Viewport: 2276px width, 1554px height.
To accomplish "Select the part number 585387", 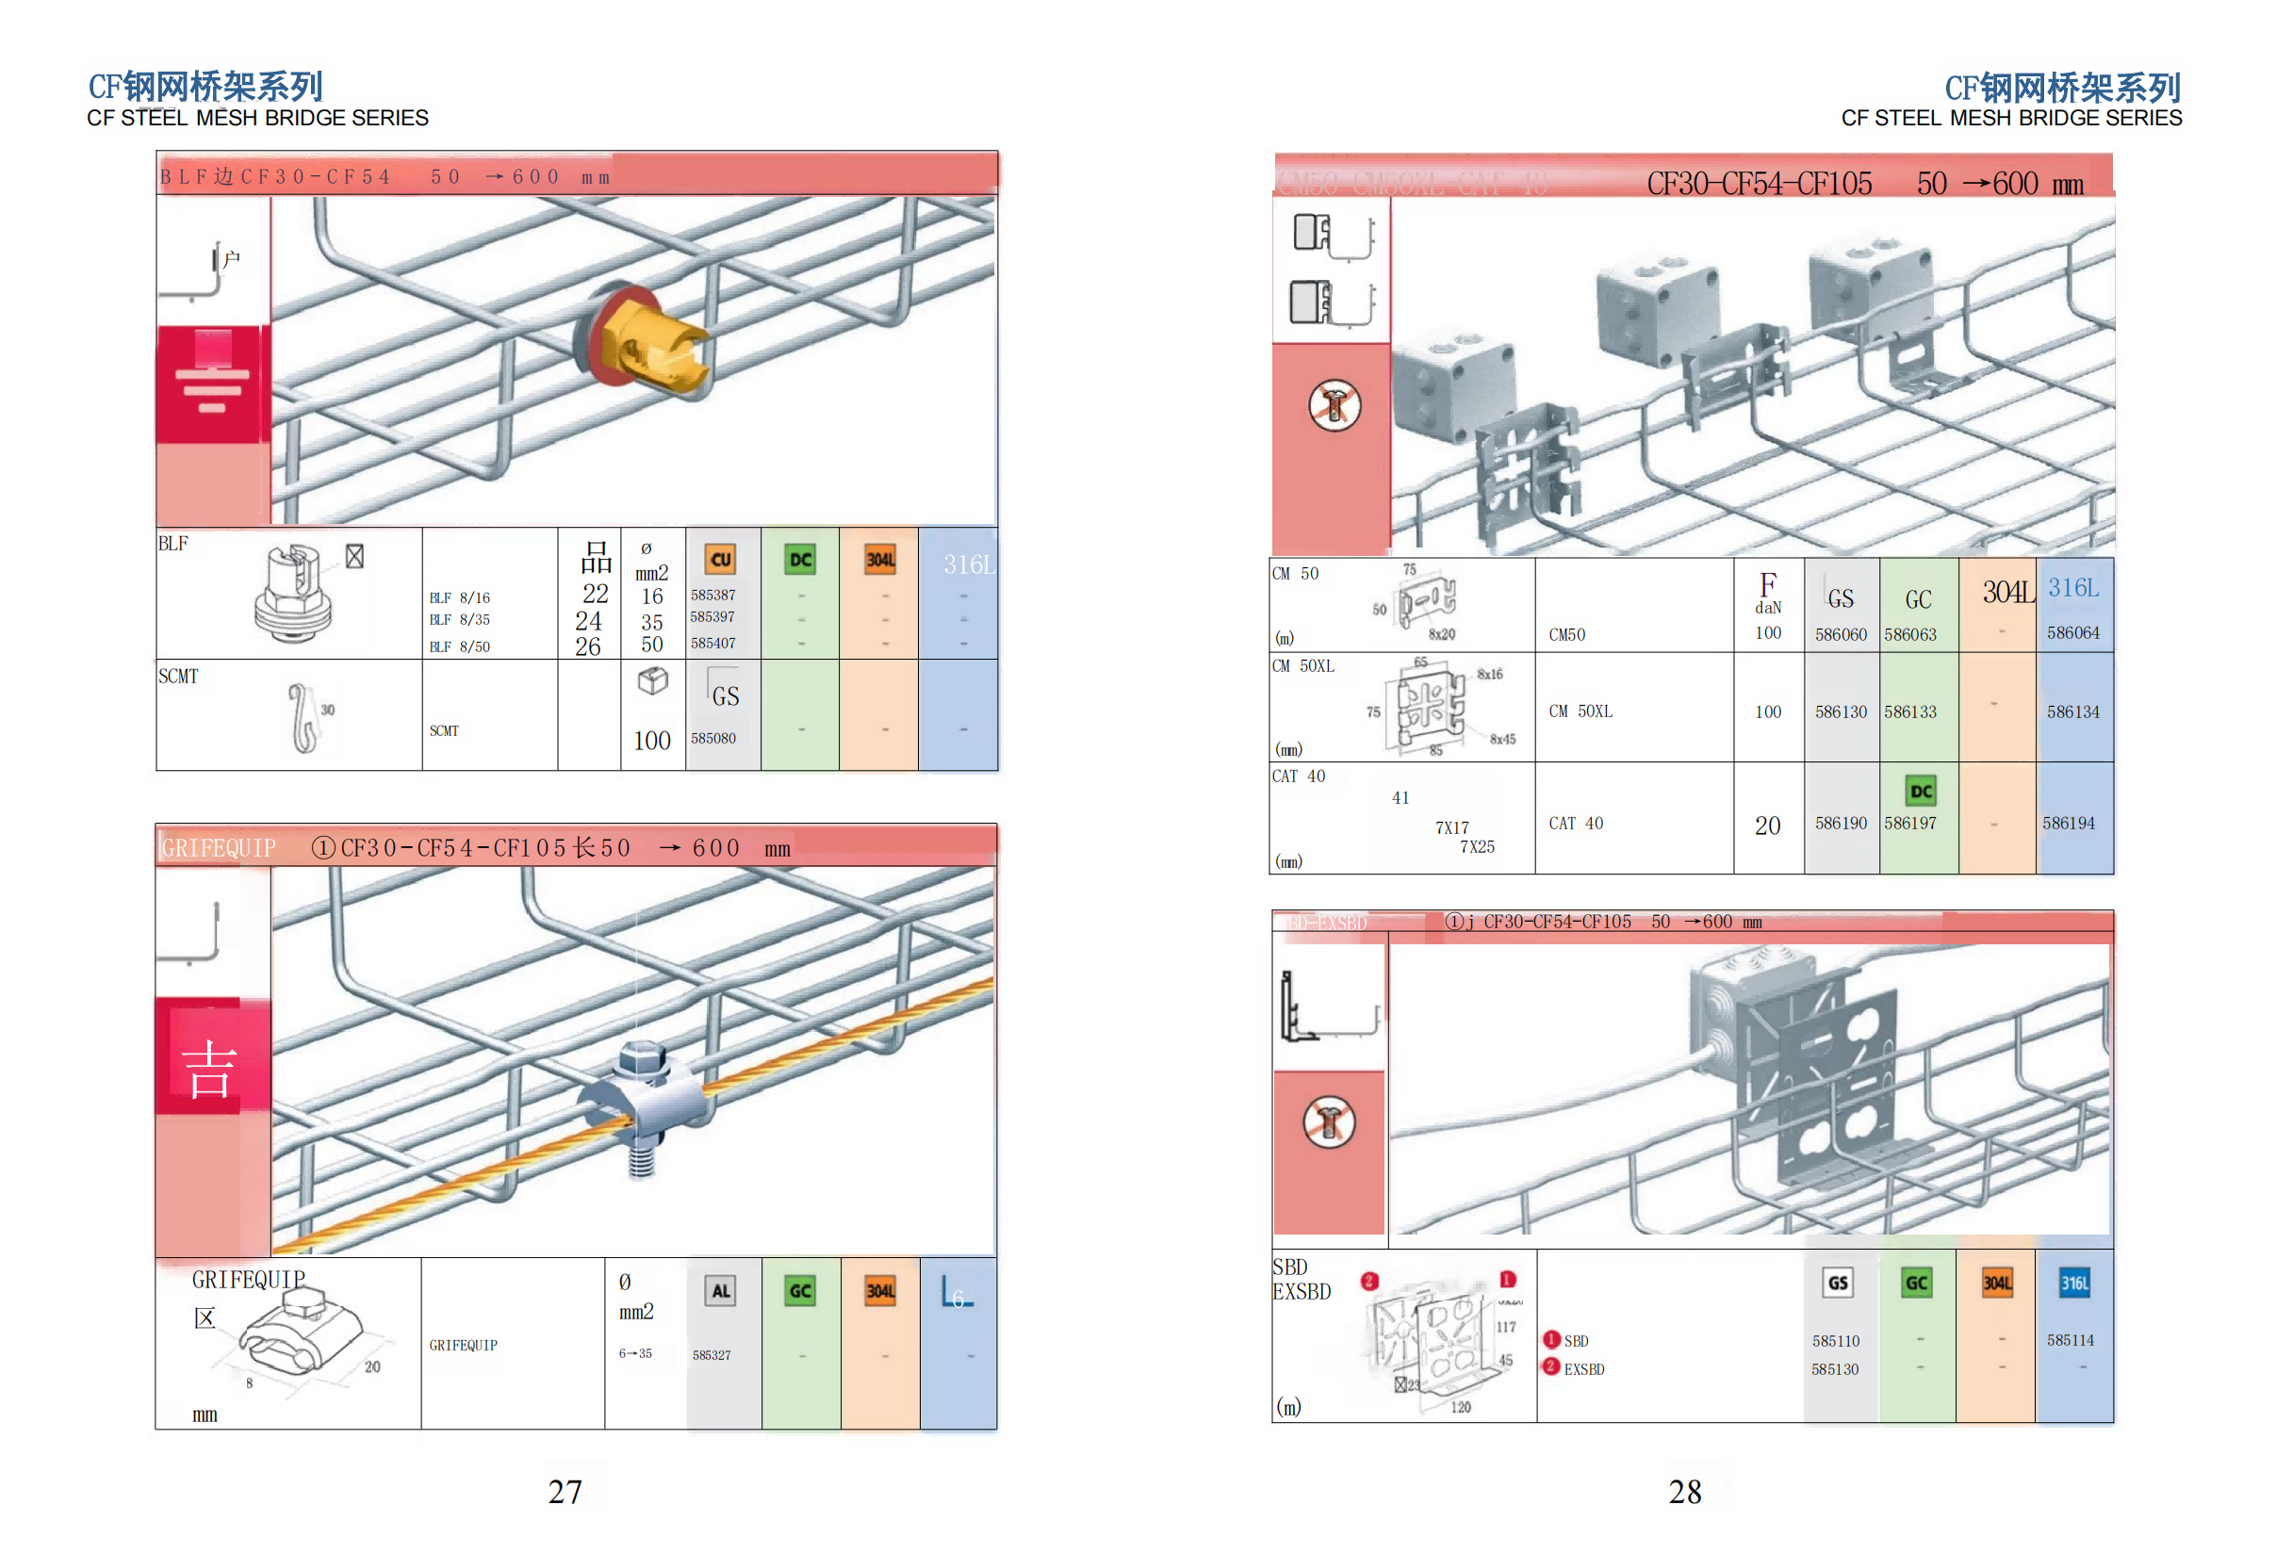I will coord(713,595).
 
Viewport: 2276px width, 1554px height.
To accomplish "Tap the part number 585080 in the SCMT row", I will coord(713,738).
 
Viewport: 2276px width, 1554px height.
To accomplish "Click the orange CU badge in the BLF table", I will coord(721,559).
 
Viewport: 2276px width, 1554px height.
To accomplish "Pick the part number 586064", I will coord(2072,632).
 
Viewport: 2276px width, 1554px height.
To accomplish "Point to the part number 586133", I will coord(1909,712).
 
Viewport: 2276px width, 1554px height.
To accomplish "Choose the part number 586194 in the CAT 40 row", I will coord(2069,824).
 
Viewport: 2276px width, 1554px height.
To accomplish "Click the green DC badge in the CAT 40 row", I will coord(1921,791).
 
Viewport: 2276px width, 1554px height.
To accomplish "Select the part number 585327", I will coord(712,1355).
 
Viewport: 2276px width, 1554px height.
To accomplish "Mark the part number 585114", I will coord(2070,1340).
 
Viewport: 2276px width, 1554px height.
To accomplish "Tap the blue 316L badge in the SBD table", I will coord(2074,1283).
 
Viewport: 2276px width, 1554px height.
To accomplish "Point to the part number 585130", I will coord(1834,1369).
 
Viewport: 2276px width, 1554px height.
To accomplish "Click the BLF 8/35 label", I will coord(459,620).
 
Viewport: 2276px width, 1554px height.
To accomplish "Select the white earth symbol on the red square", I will coord(211,386).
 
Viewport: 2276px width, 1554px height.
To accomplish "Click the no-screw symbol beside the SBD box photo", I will coord(1329,1122).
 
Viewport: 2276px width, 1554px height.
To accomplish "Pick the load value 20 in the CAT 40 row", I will coord(1768,826).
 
